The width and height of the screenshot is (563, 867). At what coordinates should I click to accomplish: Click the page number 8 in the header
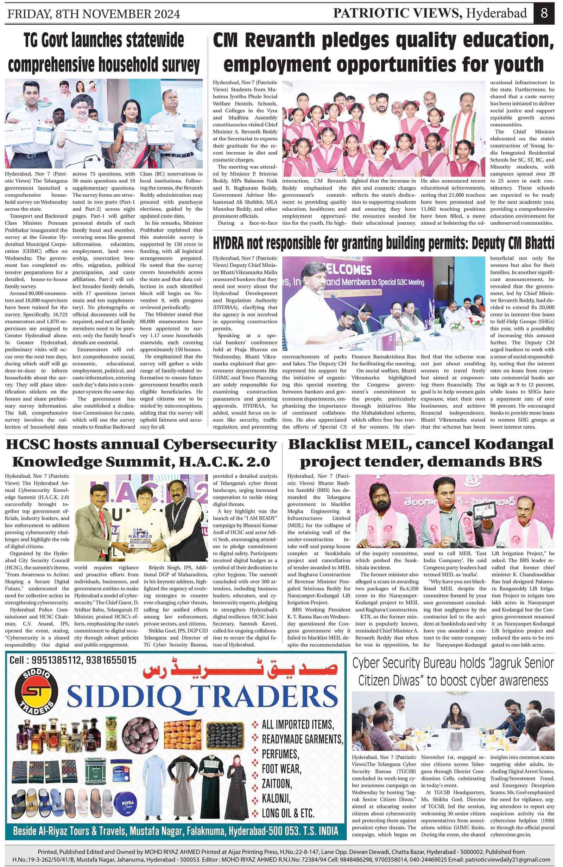pos(544,13)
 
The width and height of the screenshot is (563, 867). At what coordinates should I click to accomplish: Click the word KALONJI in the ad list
pos(276,798)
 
